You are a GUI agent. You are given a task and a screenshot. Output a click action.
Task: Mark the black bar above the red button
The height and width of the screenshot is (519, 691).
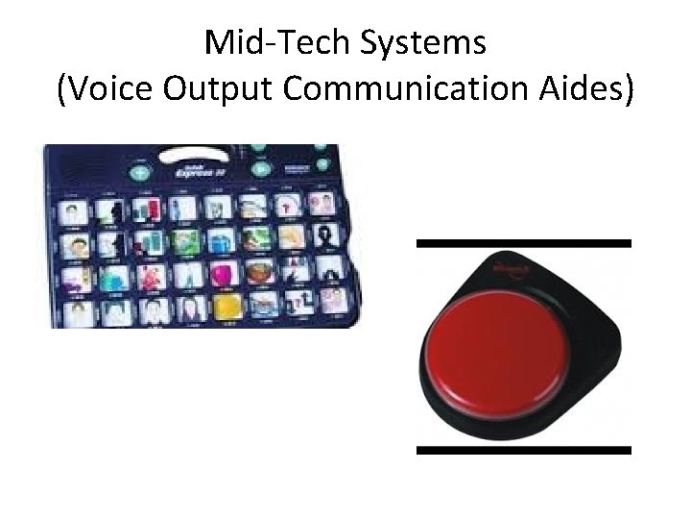pos(523,243)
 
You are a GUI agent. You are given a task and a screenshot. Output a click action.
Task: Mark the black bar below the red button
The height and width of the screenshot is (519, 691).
pos(523,449)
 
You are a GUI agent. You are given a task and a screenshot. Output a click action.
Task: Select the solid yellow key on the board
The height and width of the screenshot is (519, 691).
pos(226,306)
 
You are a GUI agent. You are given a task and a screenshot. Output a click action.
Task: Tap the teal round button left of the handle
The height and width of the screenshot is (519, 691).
pos(140,174)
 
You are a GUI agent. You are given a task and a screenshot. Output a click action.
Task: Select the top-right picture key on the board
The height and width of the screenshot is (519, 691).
pos(324,204)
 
